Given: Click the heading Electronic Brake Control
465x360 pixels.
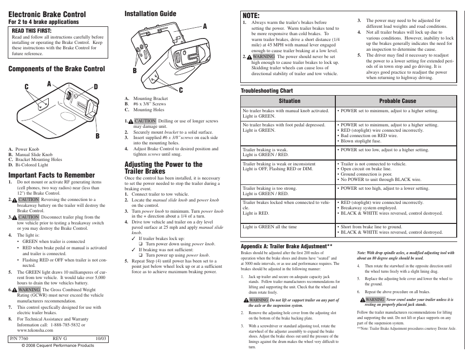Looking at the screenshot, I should tap(47, 15).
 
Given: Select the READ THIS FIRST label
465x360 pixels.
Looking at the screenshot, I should tap(32, 30).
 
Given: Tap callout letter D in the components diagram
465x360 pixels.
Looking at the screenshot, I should tap(96, 87).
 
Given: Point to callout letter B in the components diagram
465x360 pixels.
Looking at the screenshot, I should tap(97, 136).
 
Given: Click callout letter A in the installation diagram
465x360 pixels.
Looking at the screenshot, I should tap(205, 26).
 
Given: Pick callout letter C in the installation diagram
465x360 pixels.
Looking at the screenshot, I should tap(181, 90).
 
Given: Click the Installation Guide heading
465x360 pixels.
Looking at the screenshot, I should tap(150, 14).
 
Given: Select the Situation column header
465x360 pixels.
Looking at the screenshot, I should tap(290, 101).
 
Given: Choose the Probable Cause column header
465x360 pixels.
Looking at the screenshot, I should tap(398, 101).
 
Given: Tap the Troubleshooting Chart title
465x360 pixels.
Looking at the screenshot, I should tap(267, 91).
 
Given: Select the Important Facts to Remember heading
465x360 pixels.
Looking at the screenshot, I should tap(52, 175).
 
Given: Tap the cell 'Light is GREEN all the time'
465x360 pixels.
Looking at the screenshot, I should tap(270, 227).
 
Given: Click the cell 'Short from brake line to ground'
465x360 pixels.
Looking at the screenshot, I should tap(371, 227).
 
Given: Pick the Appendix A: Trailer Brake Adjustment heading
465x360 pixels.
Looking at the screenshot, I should tap(287, 246).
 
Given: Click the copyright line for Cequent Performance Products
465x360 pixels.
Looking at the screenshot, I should tap(58, 345).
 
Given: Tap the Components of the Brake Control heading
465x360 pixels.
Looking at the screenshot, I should tap(57, 69).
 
